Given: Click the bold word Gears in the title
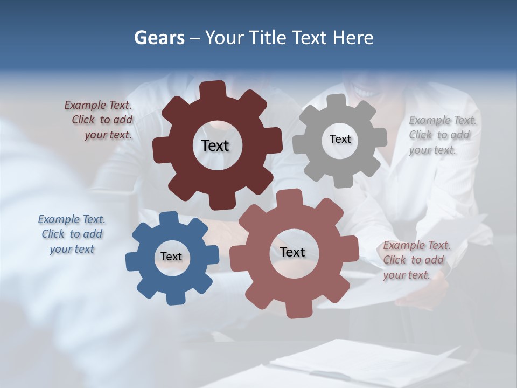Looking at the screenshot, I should (159, 38).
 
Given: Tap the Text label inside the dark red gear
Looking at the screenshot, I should (215, 145).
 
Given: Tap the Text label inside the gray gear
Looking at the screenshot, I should (340, 139).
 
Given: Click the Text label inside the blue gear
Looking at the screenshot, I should (171, 257).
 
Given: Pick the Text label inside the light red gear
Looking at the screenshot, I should (292, 252).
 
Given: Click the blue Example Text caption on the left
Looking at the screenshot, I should (72, 234).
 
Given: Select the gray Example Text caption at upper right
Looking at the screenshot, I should (442, 135).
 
